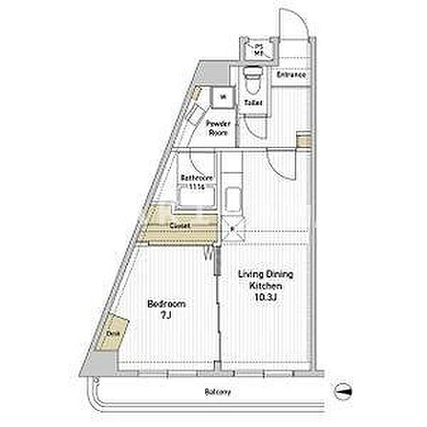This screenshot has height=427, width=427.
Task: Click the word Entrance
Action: pyautogui.click(x=290, y=75)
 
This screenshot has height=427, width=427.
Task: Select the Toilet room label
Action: pyautogui.click(x=252, y=103)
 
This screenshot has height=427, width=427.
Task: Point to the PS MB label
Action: pyautogui.click(x=257, y=50)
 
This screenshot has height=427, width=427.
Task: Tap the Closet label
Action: pyautogui.click(x=179, y=225)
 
